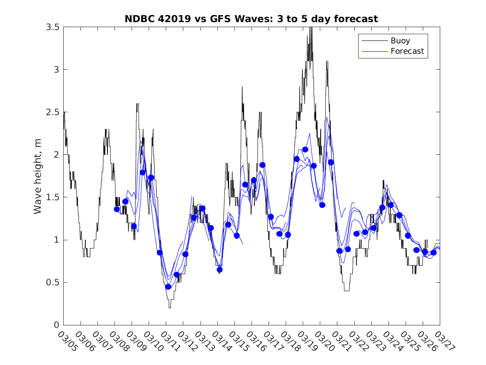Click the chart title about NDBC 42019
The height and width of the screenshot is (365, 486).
pos(251,19)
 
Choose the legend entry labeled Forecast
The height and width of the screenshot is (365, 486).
pos(407,51)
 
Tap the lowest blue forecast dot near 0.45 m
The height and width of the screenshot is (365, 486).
pos(168,287)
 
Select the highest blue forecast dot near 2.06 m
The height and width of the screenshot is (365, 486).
pos(305,149)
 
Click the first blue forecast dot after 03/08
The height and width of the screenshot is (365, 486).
pos(117,209)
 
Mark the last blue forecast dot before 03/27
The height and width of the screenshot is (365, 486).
pos(434,252)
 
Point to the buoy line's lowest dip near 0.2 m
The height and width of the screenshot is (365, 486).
pos(169,307)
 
